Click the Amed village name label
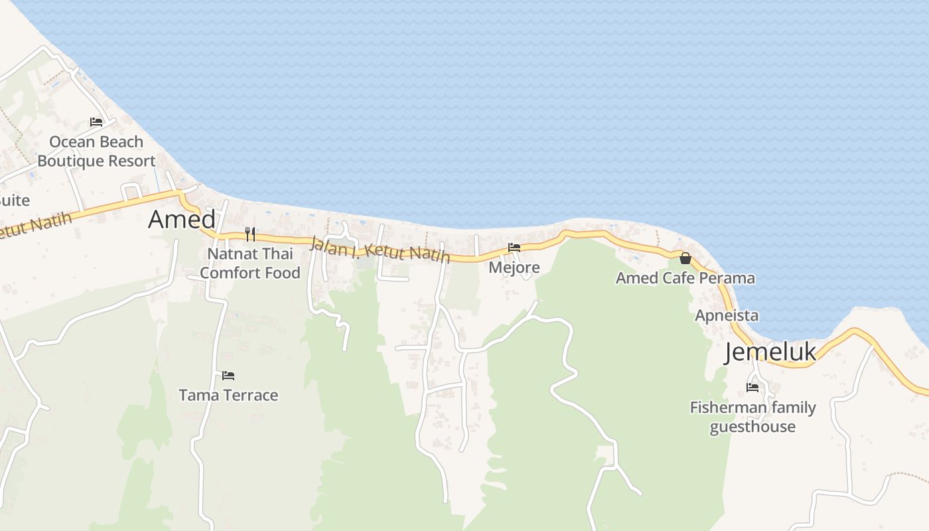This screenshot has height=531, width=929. [182, 220]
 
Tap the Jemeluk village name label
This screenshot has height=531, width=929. [770, 352]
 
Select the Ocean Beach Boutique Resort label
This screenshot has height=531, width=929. [96, 151]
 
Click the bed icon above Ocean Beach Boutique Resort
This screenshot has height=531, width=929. [96, 122]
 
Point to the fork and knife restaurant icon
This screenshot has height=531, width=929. [250, 234]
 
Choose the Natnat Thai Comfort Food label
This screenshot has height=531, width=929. [250, 264]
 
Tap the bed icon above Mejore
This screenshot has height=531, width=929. [514, 248]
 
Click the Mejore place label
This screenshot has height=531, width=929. [514, 267]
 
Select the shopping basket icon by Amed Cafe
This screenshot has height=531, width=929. [685, 258]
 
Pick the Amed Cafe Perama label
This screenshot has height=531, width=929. [685, 278]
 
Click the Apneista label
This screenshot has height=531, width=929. [727, 316]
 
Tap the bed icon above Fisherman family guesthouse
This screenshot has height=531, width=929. [752, 387]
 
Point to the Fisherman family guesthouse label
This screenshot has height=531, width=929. [752, 417]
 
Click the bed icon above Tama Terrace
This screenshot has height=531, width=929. [228, 376]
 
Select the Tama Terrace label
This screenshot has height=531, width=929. [228, 396]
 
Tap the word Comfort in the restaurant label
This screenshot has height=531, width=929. [231, 273]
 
